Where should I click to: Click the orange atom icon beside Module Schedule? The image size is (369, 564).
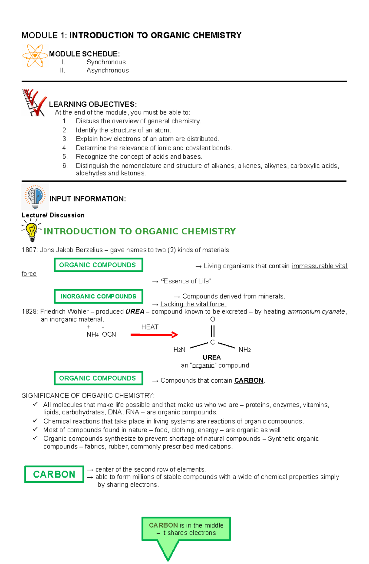click(35, 56)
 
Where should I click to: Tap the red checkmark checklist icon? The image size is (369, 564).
click(34, 103)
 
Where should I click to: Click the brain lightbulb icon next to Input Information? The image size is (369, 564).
click(35, 197)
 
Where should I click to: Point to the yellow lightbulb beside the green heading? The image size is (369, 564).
click(31, 231)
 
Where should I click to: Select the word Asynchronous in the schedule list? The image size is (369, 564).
click(107, 70)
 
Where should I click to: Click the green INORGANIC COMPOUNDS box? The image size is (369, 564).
click(98, 296)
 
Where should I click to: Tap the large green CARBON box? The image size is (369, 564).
click(54, 474)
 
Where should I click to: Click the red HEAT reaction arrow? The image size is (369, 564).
click(154, 335)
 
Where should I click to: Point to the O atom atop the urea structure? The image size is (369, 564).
click(212, 319)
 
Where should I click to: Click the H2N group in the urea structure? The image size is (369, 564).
click(179, 350)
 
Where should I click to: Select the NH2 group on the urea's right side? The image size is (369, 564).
click(244, 350)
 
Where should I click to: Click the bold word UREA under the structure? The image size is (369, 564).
click(212, 357)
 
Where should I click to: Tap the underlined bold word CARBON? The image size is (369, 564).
click(249, 381)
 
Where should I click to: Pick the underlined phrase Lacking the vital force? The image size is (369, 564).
click(193, 304)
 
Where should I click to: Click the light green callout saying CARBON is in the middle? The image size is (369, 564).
click(186, 529)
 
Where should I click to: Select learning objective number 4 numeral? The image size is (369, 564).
click(65, 148)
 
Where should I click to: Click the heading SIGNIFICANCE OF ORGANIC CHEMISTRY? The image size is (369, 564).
click(88, 396)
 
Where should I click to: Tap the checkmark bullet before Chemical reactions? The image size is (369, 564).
click(35, 421)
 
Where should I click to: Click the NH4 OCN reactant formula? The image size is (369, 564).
click(101, 334)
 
